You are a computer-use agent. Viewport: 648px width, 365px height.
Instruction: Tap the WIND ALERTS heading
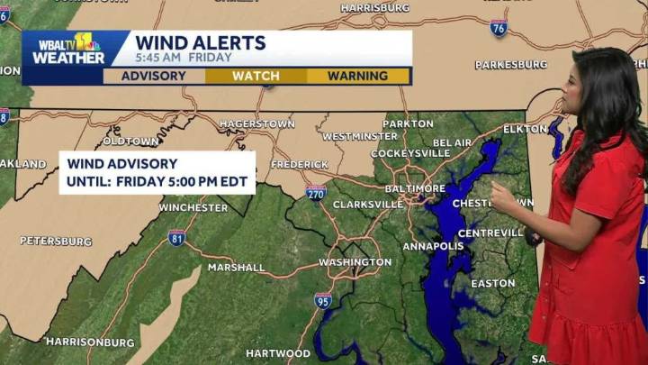(200, 42)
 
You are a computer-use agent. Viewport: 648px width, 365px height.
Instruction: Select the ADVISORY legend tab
(154, 76)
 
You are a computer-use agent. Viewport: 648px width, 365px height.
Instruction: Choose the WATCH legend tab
(256, 76)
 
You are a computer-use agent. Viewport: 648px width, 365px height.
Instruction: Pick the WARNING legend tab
(357, 76)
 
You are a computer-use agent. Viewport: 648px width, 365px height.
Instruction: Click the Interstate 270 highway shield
(315, 192)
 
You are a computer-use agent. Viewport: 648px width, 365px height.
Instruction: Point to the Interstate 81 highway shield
(176, 237)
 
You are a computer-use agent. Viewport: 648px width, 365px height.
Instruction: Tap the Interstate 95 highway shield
(323, 299)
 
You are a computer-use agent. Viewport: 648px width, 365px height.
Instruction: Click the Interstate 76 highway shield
(499, 27)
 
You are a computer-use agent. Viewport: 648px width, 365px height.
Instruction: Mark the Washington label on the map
(355, 262)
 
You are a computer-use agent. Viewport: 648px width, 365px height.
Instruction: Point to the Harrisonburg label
(90, 342)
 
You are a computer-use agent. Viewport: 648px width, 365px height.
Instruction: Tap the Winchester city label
(193, 207)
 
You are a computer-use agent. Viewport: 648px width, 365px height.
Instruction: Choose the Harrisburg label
(375, 8)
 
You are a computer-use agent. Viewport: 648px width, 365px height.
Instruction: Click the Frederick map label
(299, 164)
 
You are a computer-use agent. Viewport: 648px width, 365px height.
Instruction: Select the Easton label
(493, 283)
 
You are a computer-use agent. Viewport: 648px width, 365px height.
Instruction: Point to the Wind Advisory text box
(157, 172)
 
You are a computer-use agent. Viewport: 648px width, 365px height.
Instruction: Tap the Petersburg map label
(56, 242)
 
